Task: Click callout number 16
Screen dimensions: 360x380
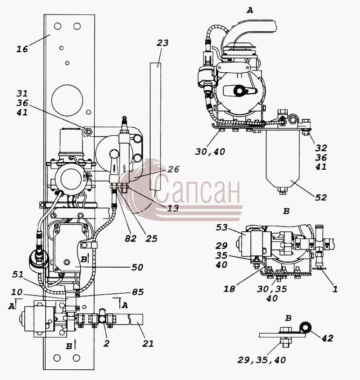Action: point(22,49)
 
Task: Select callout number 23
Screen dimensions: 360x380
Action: point(162,43)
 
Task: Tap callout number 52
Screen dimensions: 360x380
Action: point(321,198)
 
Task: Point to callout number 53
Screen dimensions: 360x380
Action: point(222,228)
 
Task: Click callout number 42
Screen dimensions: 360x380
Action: point(327,338)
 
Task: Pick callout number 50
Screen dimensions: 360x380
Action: point(137,267)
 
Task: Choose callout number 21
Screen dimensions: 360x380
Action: point(148,344)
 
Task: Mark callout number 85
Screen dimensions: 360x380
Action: point(138,292)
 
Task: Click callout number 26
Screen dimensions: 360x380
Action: point(173,169)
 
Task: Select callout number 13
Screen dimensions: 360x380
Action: point(173,207)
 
